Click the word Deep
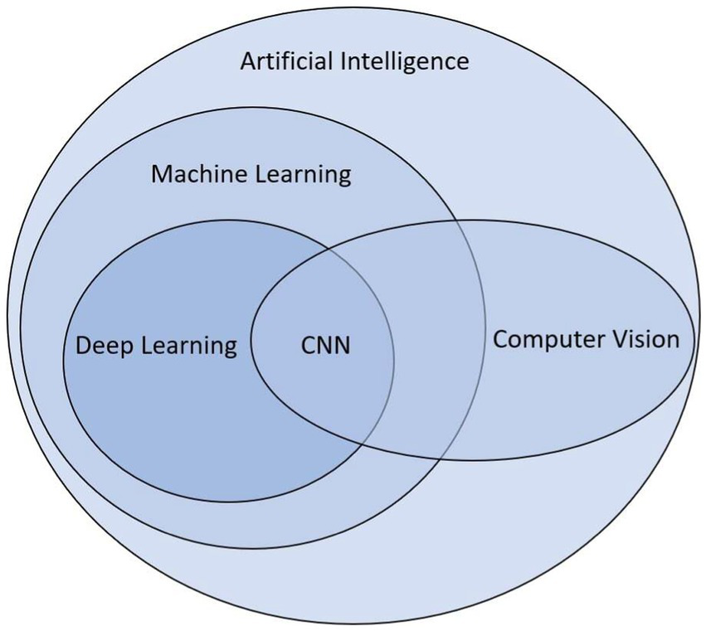point(105,345)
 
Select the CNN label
point(325,344)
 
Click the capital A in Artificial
point(247,61)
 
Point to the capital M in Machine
point(161,175)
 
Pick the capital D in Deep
point(83,345)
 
